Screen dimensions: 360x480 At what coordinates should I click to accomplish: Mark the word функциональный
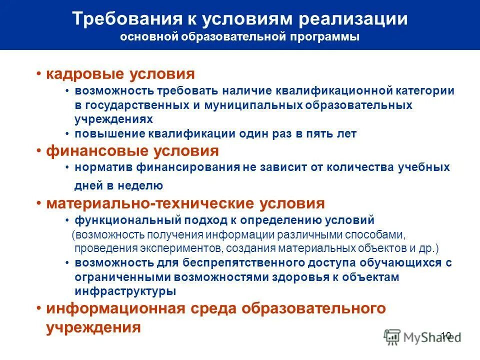click(128, 220)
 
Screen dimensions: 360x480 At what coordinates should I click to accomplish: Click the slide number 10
click(446, 335)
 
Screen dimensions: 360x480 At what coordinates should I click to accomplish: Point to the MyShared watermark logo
click(415, 337)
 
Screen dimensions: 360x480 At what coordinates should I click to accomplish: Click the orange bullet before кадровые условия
click(38, 74)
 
